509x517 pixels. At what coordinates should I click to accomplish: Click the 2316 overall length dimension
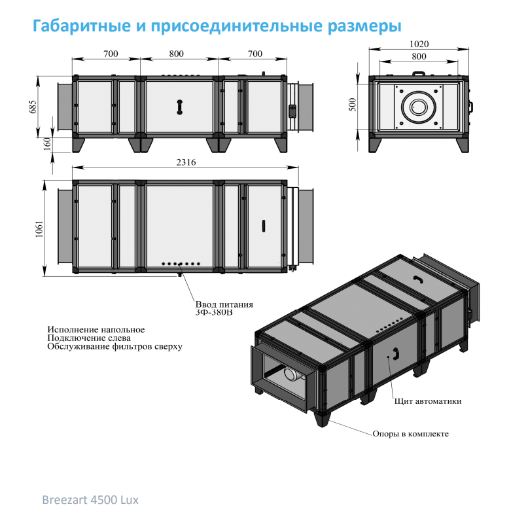coord(186,162)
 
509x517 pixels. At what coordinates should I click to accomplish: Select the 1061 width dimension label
coord(39,229)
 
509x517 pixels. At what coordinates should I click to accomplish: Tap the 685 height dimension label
coord(33,107)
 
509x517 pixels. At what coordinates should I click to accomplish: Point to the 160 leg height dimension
coord(48,144)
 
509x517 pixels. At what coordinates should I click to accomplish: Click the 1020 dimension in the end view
coord(419,44)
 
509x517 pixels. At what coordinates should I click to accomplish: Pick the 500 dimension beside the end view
coord(353,105)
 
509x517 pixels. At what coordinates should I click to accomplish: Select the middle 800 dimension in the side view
coord(177,54)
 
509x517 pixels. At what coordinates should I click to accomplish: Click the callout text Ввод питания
coord(224,304)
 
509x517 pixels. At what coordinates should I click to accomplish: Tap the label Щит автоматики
coord(428,401)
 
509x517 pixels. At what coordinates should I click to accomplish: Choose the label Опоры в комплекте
coord(410,434)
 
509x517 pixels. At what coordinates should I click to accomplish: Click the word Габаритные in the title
coord(82,26)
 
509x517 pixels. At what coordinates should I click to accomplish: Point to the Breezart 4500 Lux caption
coord(90,500)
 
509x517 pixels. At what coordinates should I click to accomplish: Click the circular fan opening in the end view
coord(419,107)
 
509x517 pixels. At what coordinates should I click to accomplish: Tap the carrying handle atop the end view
coord(419,73)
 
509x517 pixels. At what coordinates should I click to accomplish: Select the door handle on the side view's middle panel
coord(179,107)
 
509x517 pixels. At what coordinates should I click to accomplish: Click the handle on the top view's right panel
coord(264,226)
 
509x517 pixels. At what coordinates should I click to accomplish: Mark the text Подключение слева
coord(89,338)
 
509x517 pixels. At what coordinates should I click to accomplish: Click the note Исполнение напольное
coord(96,329)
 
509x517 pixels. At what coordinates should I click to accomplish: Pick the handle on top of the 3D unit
coord(419,279)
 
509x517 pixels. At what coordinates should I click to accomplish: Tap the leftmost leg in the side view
coord(79,145)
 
